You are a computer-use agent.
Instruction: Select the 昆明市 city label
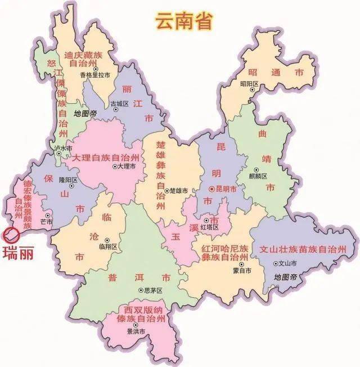[x=226, y=189]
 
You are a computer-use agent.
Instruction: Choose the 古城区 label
[x=119, y=104]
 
